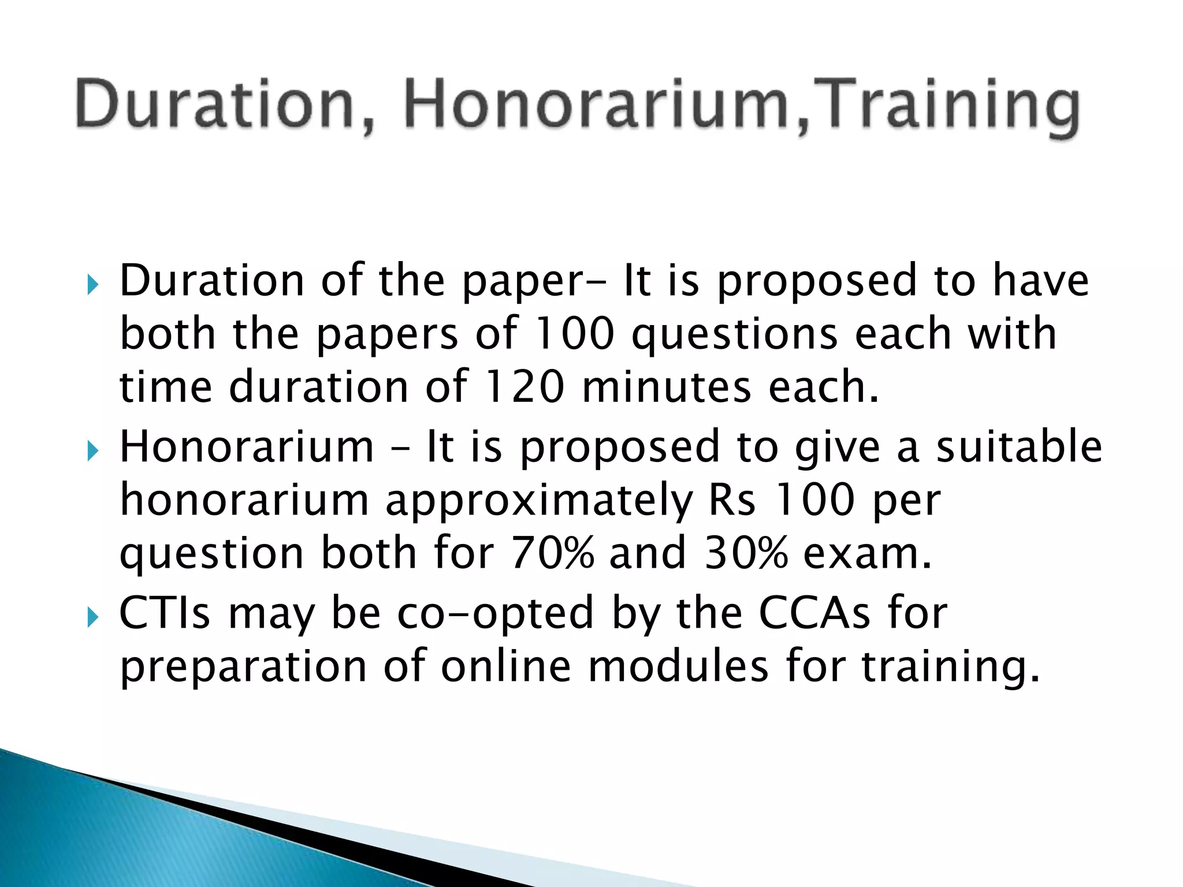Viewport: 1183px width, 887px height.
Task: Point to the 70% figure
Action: pyautogui.click(x=552, y=553)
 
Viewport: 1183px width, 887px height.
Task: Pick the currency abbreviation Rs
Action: pyautogui.click(x=732, y=500)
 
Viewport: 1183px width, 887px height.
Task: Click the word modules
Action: pyautogui.click(x=678, y=666)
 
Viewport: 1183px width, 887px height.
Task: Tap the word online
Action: pyautogui.click(x=506, y=666)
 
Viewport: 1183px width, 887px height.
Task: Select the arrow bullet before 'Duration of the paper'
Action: pyautogui.click(x=92, y=284)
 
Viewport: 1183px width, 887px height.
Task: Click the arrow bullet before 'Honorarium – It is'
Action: pyautogui.click(x=92, y=451)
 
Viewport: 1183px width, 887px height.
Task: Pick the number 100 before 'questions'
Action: pyautogui.click(x=574, y=334)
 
